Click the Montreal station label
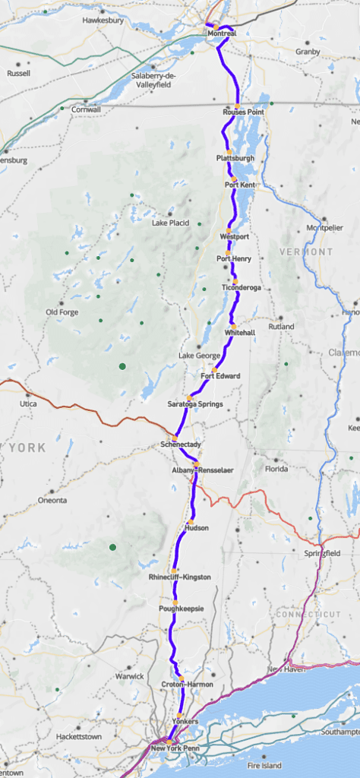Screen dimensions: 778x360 coord(221,34)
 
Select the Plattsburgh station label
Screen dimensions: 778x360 coord(235,158)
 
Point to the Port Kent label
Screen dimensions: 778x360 coord(240,185)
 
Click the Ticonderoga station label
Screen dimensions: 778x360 coord(241,288)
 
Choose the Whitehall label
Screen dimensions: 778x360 coord(239,333)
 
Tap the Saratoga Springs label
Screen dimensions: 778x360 coord(195,404)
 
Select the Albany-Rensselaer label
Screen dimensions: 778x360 coord(203,470)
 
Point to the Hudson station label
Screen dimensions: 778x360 coord(196,527)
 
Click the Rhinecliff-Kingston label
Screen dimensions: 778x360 coord(180,577)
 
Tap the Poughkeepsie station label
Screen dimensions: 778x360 coord(179,609)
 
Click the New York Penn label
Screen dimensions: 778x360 coord(173,748)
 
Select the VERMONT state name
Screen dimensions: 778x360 coord(306,251)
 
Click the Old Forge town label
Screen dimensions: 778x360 coord(62,312)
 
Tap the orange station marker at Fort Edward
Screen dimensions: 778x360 coord(215,368)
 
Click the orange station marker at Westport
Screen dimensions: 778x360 coord(228,229)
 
